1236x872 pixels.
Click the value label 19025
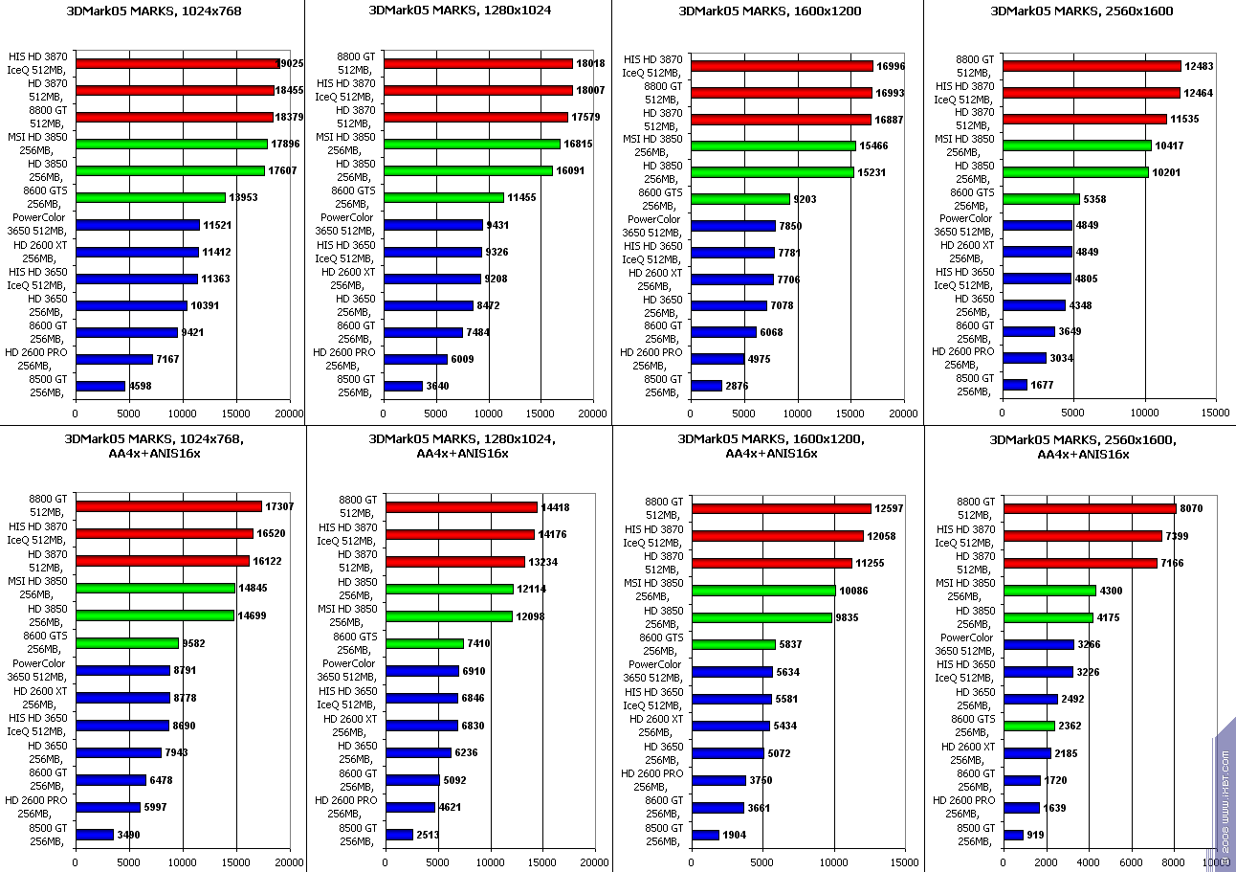point(289,63)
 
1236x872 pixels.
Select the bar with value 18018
point(477,63)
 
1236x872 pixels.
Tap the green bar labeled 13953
point(150,197)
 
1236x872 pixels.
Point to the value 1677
point(1045,385)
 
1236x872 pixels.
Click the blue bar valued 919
point(1012,835)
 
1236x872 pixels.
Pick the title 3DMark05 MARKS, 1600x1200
point(769,11)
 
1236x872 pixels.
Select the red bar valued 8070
point(1089,508)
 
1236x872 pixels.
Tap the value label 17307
point(279,506)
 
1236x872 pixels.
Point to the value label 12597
point(890,508)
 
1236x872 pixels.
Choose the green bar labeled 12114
point(449,589)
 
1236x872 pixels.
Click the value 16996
point(892,66)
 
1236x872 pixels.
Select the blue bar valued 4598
point(100,386)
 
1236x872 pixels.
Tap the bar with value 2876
point(706,386)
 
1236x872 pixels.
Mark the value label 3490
point(131,835)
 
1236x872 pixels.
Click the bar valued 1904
point(704,835)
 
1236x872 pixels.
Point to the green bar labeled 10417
point(1076,145)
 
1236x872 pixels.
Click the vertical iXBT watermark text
point(1225,794)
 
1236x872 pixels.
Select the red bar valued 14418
point(461,507)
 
